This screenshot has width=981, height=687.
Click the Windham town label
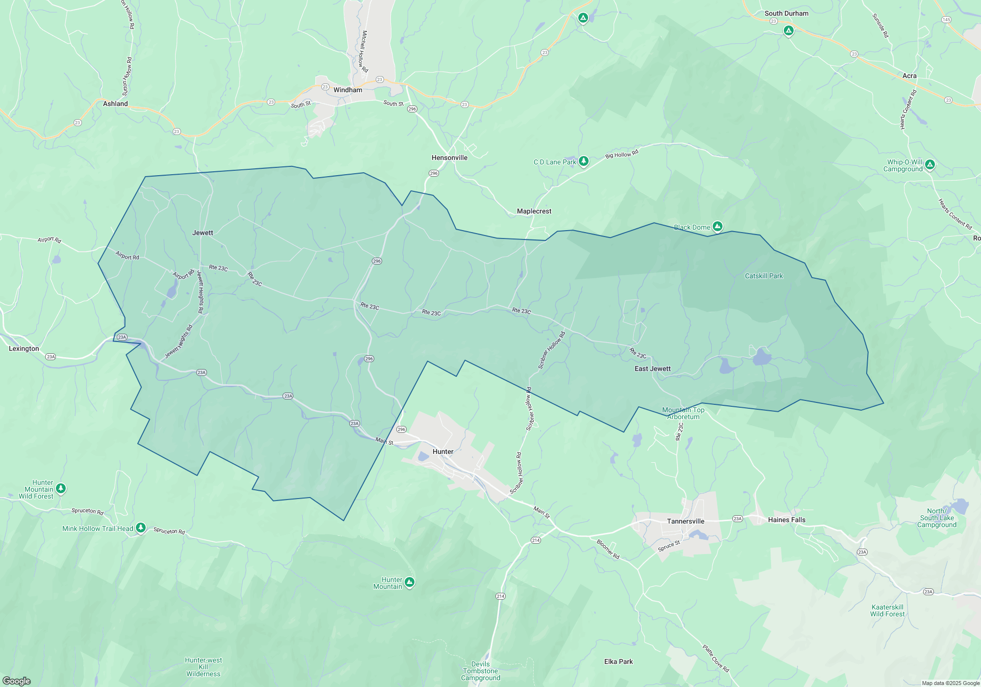coord(348,90)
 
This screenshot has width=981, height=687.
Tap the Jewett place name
coord(203,233)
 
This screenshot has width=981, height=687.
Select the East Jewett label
coord(652,369)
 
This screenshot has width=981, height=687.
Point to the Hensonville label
coord(449,158)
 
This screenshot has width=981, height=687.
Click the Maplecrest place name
coord(534,211)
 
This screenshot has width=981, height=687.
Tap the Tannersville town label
coord(685,521)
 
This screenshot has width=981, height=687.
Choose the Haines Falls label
coord(786,520)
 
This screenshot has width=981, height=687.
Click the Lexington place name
coord(24,348)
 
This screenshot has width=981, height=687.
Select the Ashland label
coord(115,104)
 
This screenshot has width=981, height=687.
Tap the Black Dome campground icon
coord(718,226)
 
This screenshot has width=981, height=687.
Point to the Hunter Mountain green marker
coord(410,582)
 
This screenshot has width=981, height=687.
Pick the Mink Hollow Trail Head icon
coord(141,528)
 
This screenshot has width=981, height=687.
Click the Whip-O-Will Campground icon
coord(930,164)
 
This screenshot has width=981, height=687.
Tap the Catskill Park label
coord(764,276)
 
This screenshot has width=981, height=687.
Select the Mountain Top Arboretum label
coord(683,413)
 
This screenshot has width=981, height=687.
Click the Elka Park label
coord(618,661)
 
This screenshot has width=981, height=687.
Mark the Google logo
coord(16,681)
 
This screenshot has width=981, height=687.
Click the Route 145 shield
coord(946,20)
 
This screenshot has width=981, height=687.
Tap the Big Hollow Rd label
coord(621,154)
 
